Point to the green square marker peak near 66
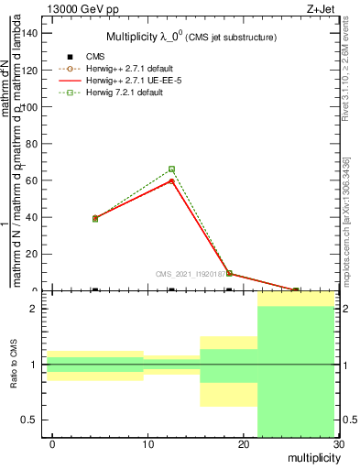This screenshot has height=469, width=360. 171,169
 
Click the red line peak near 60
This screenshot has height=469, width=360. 171,181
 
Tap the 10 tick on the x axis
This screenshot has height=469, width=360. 147,443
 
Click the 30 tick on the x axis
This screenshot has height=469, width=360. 338,443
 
